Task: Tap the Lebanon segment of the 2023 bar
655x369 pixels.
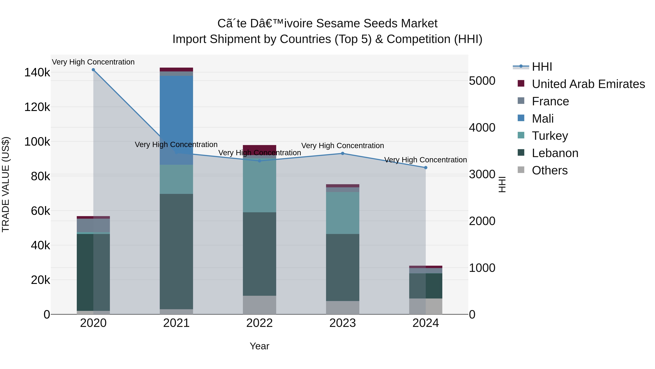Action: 342,267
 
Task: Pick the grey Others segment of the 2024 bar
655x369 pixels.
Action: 426,306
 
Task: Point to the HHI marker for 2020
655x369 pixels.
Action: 93,70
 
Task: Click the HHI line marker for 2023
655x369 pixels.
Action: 342,153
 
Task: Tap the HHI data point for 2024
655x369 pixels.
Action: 426,168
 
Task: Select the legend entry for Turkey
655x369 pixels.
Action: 550,136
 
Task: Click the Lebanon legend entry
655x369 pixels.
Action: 555,153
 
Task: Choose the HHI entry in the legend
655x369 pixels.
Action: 542,67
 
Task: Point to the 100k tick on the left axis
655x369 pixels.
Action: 37,142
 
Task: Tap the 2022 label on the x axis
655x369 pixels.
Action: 259,323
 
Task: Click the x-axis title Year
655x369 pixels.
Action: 259,346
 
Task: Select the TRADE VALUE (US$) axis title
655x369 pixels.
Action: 6,184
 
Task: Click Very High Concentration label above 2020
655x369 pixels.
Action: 93,62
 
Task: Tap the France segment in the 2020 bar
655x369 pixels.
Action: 93,225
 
